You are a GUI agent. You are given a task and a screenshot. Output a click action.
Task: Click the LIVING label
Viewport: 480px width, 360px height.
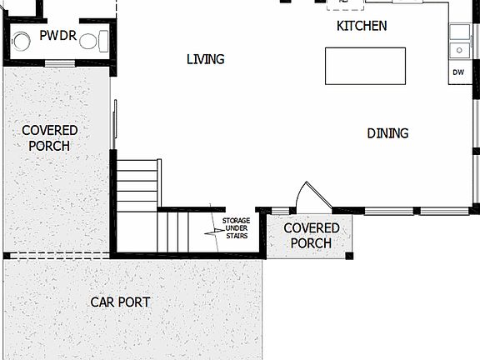(205, 59)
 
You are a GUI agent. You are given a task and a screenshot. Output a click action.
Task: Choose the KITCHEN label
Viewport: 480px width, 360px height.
(361, 26)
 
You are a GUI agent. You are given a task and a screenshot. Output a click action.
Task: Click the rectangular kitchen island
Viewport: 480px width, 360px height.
(365, 66)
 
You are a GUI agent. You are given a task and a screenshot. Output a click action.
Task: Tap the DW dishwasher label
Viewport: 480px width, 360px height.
(458, 72)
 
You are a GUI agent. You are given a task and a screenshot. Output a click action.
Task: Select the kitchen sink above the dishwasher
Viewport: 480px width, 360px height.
(459, 49)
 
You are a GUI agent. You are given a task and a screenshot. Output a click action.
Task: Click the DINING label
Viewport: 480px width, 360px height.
(387, 133)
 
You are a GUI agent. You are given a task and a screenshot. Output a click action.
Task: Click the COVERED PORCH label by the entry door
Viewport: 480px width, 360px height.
(311, 235)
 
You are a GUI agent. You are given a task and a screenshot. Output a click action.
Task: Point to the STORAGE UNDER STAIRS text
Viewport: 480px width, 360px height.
(236, 228)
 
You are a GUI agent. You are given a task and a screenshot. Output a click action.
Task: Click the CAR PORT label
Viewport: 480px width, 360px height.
(120, 302)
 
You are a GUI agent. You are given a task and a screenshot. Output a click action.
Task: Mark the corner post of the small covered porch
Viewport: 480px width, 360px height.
(349, 255)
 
